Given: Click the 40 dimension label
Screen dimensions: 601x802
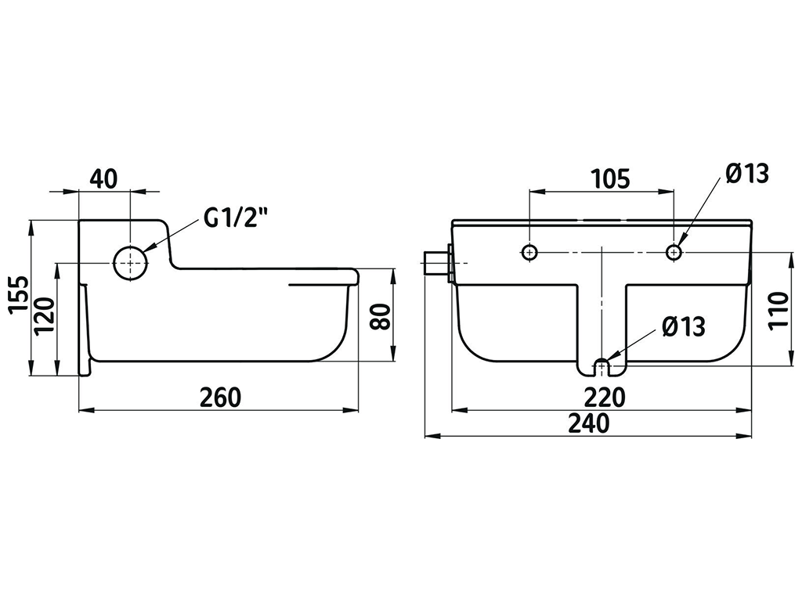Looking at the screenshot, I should coord(103,178).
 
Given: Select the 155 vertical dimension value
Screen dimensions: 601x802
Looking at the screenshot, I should coord(17,295).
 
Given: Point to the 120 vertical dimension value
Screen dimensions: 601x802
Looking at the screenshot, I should coord(45,316).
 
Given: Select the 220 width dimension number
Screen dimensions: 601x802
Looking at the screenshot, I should coord(603,397).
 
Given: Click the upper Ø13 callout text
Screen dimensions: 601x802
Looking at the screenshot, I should coord(747,174).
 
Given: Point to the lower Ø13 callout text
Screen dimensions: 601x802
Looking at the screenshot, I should coord(683,326).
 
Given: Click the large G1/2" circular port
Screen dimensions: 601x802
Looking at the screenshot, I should coord(130,263).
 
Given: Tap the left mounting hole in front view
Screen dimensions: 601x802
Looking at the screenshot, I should coord(530,252).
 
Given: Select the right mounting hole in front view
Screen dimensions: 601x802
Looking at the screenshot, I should coord(674,252).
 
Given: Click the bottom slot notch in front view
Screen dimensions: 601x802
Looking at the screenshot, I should coord(601,365).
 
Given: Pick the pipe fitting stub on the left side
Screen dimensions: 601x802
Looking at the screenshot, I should coord(435,263).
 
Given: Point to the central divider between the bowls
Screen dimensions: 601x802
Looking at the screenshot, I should coord(601,313).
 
